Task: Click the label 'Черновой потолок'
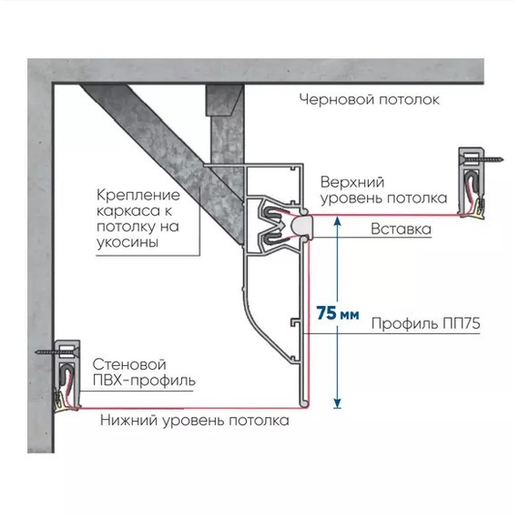click(370, 99)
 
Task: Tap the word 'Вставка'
click(401, 229)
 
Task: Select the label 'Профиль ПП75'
click(425, 323)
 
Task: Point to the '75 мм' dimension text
click(338, 313)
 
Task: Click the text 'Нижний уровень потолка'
click(195, 421)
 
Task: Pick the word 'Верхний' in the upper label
click(352, 182)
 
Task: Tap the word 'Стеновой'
click(129, 364)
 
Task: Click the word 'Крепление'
click(138, 195)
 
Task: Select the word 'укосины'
click(127, 242)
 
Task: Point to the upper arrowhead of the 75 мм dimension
click(337, 220)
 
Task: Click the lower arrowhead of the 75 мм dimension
click(337, 403)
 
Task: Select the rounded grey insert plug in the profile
click(301, 226)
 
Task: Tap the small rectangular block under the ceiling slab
click(225, 100)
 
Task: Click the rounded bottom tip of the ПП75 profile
click(303, 403)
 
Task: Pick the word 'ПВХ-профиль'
click(144, 381)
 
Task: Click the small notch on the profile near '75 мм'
click(294, 322)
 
